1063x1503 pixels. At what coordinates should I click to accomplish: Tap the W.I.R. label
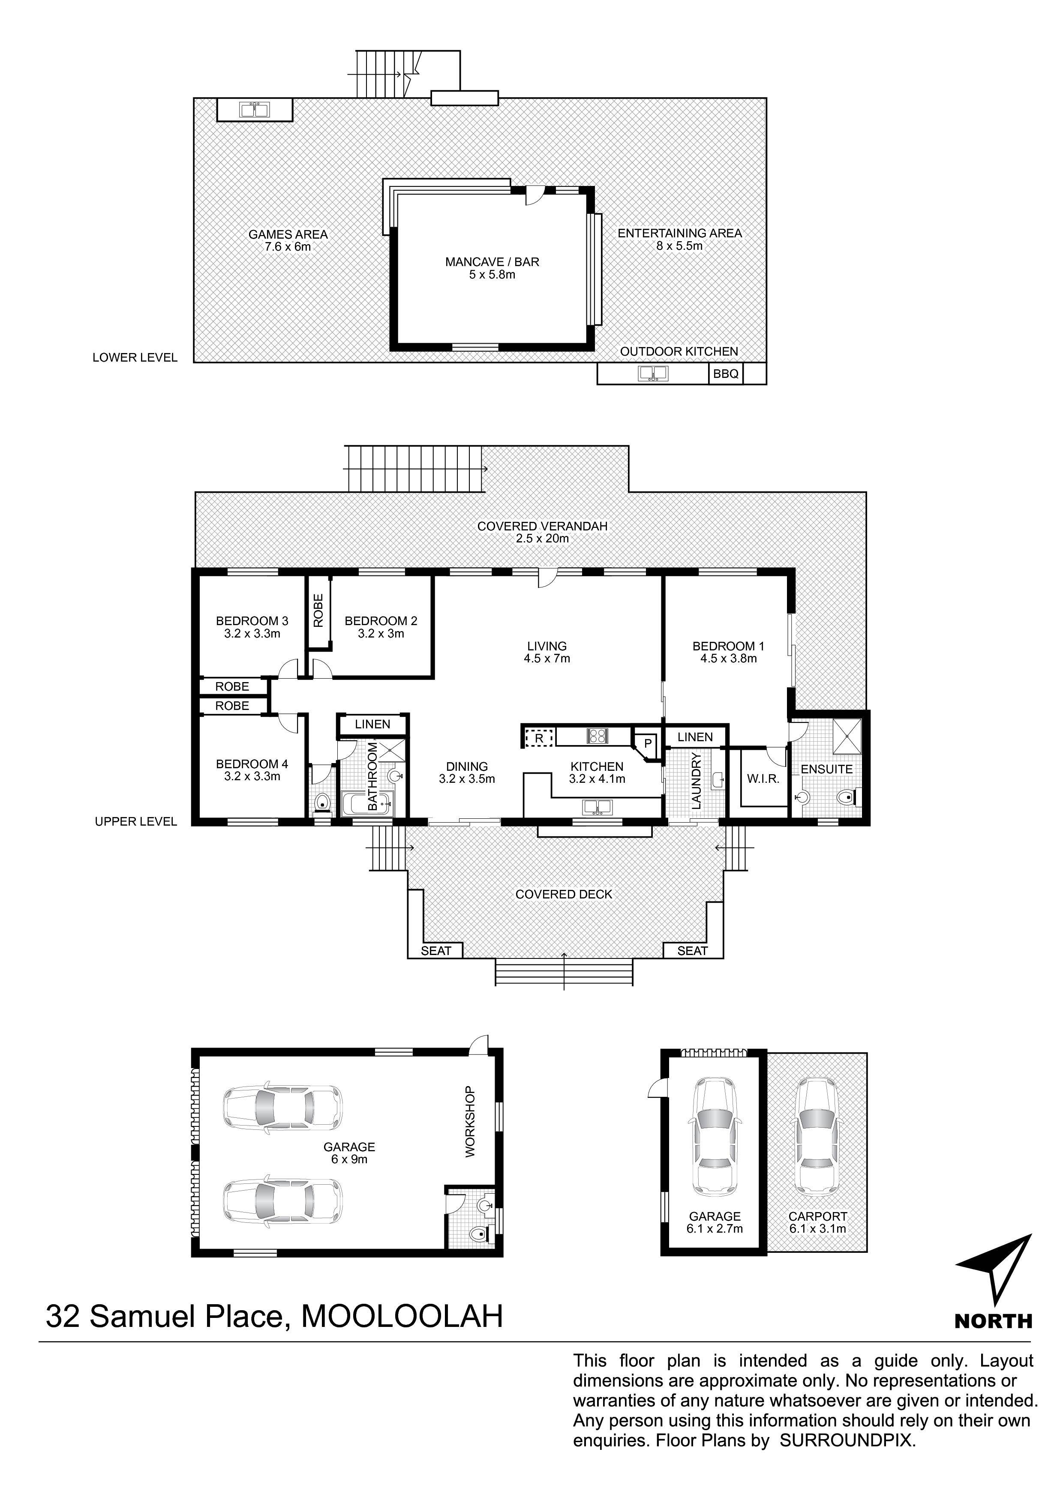click(x=763, y=779)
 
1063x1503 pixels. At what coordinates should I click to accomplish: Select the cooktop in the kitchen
click(x=598, y=736)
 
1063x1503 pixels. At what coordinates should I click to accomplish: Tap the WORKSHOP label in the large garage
click(x=470, y=1122)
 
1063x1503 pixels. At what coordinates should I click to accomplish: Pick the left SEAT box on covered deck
click(x=435, y=950)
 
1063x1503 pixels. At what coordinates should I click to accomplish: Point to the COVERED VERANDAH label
click(x=542, y=526)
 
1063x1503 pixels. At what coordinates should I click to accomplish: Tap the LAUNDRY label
click(x=696, y=780)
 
